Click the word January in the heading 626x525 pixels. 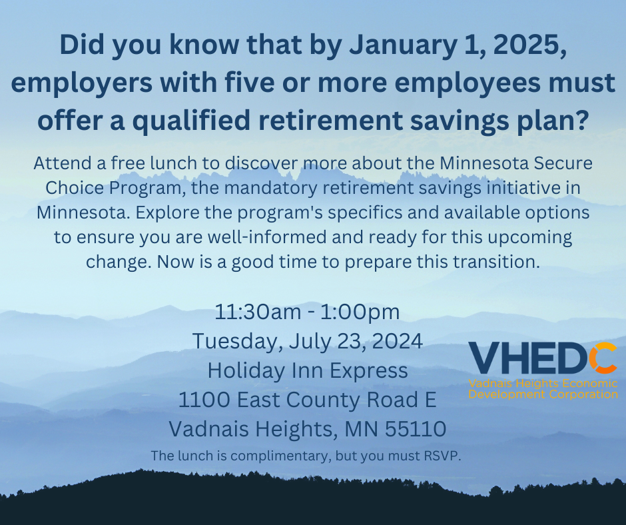(403, 45)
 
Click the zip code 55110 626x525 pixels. (416, 429)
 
